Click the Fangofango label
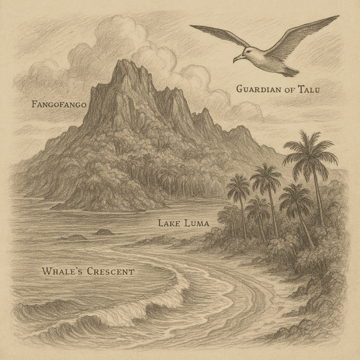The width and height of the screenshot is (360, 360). pyautogui.click(x=59, y=104)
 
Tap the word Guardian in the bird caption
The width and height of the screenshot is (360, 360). pyautogui.click(x=257, y=89)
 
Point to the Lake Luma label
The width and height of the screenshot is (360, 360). pyautogui.click(x=183, y=224)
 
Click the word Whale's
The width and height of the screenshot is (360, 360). pyautogui.click(x=61, y=271)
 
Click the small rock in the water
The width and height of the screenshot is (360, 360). pyautogui.click(x=104, y=232)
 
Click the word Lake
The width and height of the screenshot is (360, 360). pyautogui.click(x=167, y=224)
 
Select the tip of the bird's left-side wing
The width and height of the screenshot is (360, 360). pyautogui.click(x=191, y=27)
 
